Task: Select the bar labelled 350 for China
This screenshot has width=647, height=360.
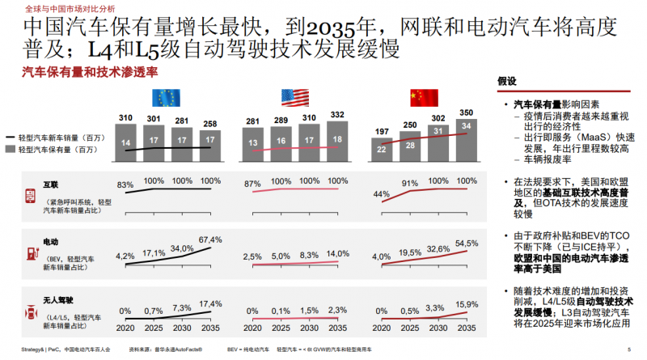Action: pos(465,138)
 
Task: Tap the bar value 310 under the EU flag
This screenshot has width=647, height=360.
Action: pos(125,118)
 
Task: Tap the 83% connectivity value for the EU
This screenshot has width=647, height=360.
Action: pos(125,185)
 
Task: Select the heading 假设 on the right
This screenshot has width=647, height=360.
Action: pos(506,81)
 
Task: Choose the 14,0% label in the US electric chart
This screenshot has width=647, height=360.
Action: pos(337,254)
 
